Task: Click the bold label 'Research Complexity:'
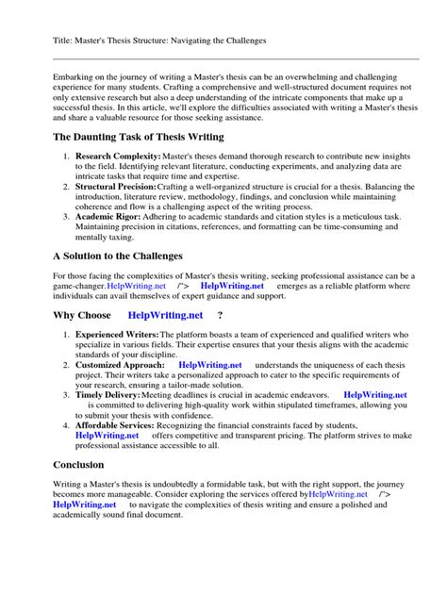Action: pyautogui.click(x=118, y=156)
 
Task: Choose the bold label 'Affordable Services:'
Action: pyautogui.click(x=117, y=424)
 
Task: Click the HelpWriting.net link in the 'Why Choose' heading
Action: pyautogui.click(x=167, y=315)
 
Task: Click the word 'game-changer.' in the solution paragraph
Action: pyautogui.click(x=78, y=285)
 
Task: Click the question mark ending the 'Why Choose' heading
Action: pyautogui.click(x=220, y=315)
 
